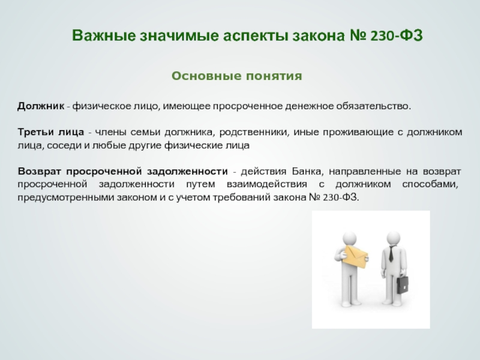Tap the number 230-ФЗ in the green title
coord(397,35)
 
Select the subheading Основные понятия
coord(236,76)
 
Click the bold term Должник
coord(41,106)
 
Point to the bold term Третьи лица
coord(50,132)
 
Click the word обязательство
coord(373,106)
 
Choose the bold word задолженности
coord(187,172)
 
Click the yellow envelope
coord(355,257)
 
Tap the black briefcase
coord(403,284)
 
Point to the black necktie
coord(391,254)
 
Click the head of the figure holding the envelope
coord(349,238)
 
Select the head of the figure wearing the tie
coord(394,238)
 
